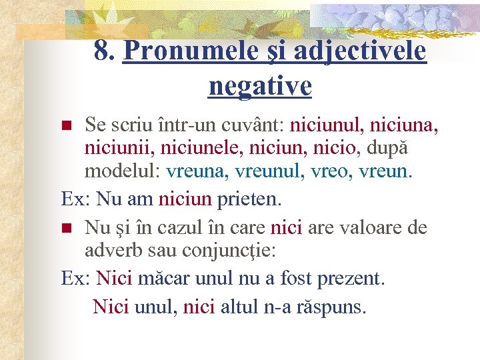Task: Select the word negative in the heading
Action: pyautogui.click(x=259, y=85)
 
